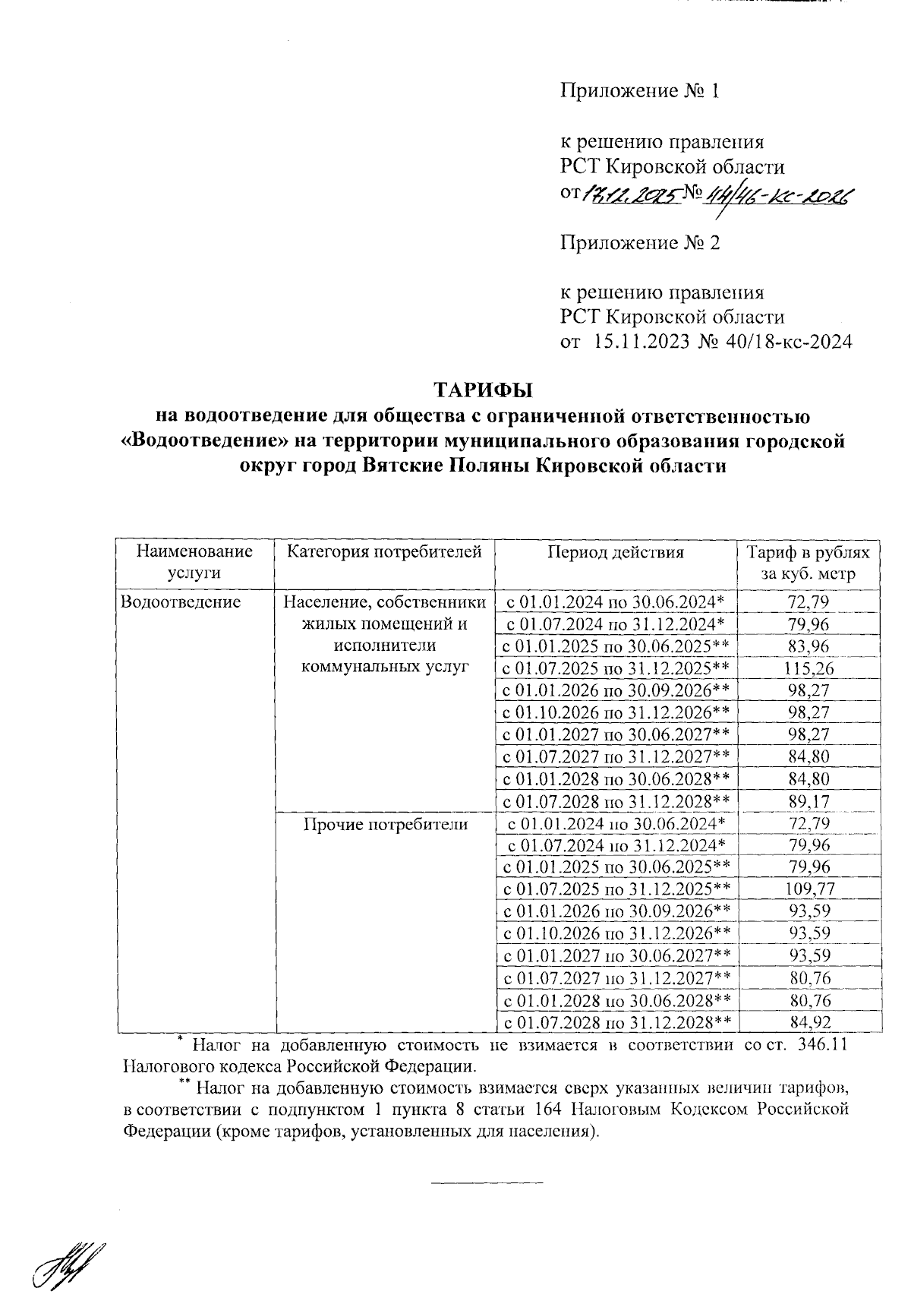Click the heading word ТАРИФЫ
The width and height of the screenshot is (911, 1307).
483,390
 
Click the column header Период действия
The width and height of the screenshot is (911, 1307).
616,553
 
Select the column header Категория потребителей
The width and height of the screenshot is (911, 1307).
384,553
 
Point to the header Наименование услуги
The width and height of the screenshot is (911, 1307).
194,563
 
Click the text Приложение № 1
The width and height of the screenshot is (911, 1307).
639,92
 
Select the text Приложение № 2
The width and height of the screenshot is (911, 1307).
639,243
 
